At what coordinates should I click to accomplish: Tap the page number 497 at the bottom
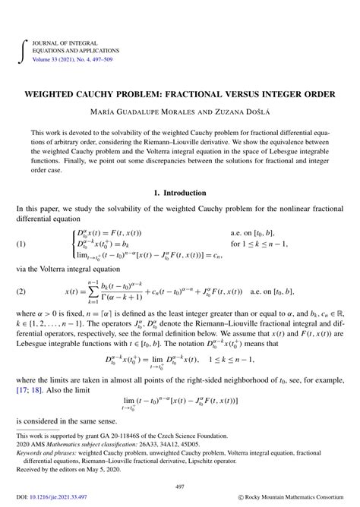(x=179, y=486)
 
